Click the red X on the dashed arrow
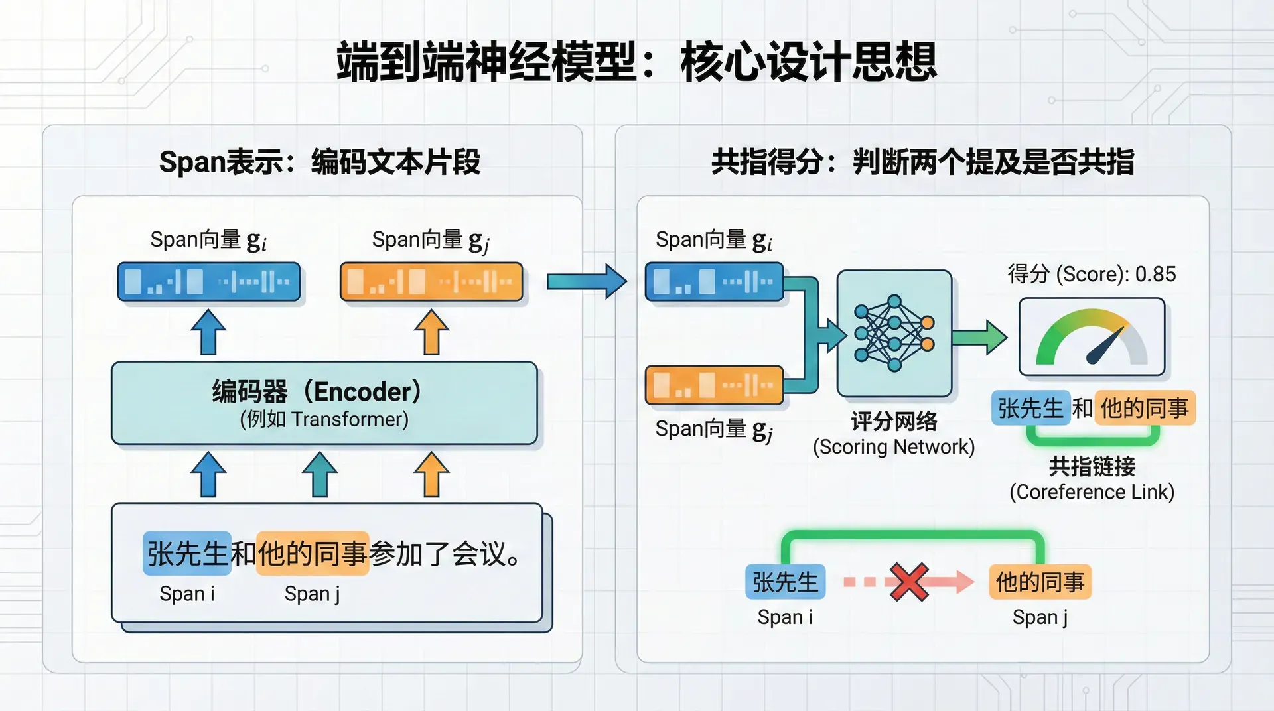[x=909, y=582]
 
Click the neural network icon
[x=894, y=333]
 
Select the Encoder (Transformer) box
[x=324, y=403]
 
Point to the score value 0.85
[x=1155, y=274]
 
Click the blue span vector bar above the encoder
[x=209, y=282]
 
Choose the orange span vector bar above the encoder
[x=431, y=282]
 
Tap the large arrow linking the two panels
[x=587, y=281]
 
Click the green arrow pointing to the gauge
[x=979, y=337]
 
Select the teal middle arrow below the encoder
[x=320, y=474]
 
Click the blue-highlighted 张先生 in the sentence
[x=187, y=553]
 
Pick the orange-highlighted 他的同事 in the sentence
[x=313, y=553]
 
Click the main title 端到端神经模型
[x=487, y=62]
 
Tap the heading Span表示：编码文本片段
[x=320, y=162]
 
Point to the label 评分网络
[x=894, y=421]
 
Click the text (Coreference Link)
[x=1092, y=492]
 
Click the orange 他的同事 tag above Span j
[x=1040, y=582]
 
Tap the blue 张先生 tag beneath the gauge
[x=1030, y=408]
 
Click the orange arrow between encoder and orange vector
[x=431, y=332]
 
